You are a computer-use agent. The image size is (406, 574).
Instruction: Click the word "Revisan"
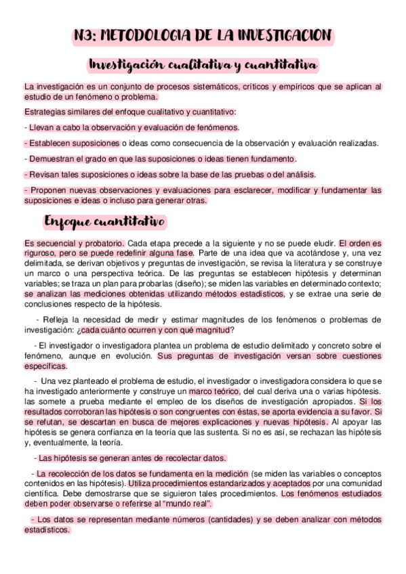point(43,175)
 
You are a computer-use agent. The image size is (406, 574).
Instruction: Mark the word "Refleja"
point(58,319)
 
